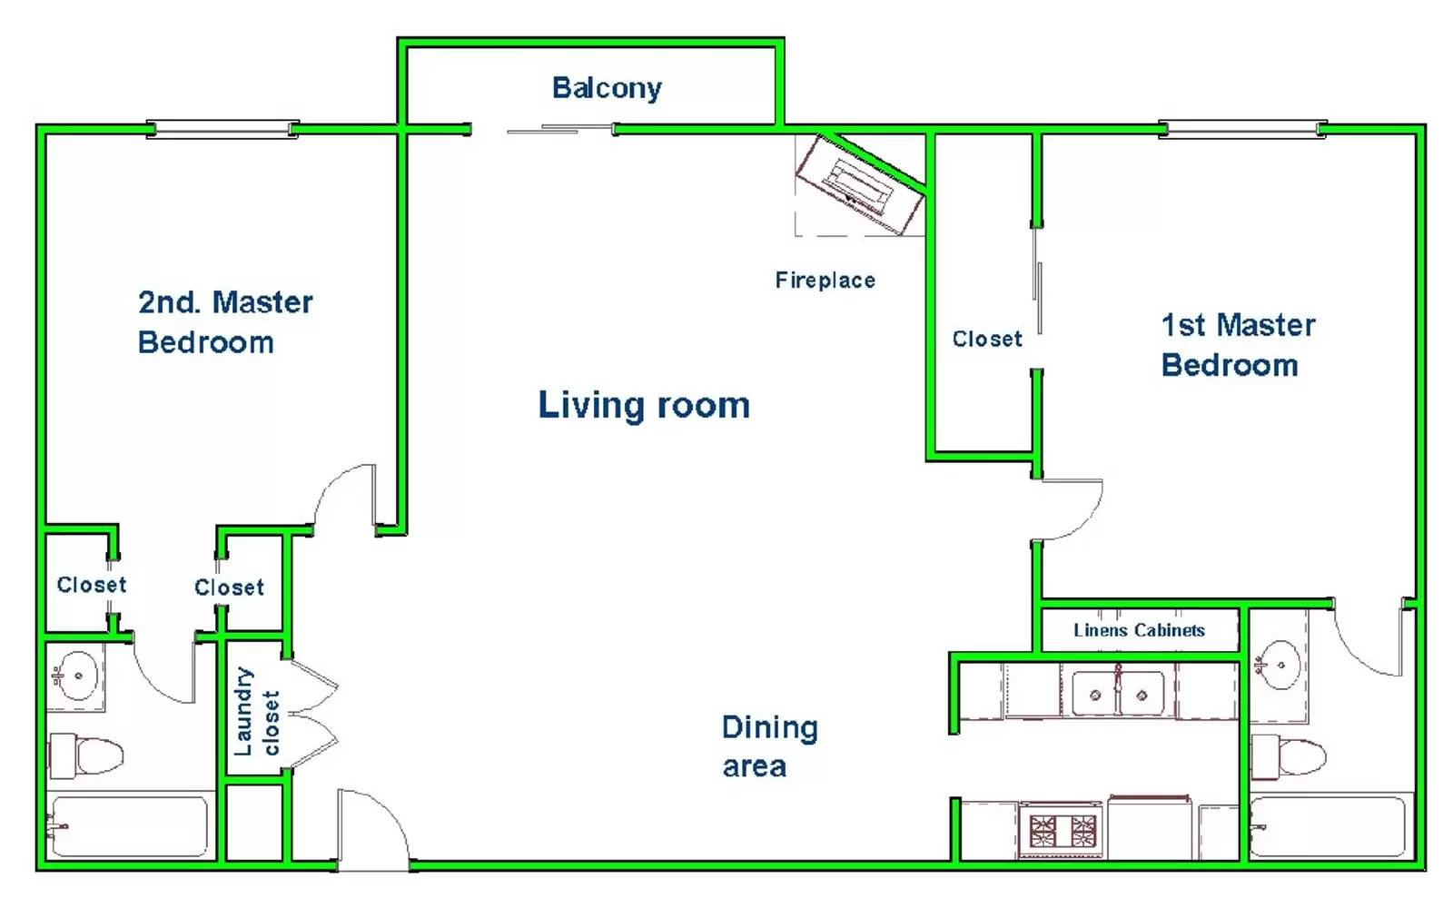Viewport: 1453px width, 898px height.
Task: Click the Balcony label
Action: [x=607, y=88]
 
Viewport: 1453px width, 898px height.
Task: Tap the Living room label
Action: [x=644, y=405]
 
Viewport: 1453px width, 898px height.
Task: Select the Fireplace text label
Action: [x=825, y=280]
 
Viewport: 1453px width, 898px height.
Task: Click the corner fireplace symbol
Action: [x=860, y=184]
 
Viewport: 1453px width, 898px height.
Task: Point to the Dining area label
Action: [x=770, y=746]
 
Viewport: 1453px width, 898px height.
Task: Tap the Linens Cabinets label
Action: [x=1139, y=629]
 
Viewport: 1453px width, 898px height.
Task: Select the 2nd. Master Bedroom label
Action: [x=225, y=322]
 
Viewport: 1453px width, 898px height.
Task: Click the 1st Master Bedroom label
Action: [x=1238, y=345]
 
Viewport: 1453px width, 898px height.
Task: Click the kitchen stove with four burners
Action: [x=1062, y=831]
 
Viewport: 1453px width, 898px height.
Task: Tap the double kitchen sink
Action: [x=1118, y=695]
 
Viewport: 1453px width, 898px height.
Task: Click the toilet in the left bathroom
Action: [x=86, y=756]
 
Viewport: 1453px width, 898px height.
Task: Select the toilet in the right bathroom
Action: [x=1289, y=756]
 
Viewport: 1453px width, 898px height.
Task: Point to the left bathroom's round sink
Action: [x=76, y=676]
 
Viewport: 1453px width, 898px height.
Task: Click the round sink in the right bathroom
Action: [x=1278, y=666]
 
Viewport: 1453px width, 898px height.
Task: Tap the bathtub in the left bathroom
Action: [x=129, y=826]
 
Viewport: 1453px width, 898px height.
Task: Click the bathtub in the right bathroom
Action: [x=1327, y=826]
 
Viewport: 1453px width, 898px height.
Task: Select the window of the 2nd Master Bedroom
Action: [x=222, y=129]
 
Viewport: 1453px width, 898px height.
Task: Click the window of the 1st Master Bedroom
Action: [x=1243, y=129]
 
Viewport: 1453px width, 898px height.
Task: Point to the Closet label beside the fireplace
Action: [x=986, y=339]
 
